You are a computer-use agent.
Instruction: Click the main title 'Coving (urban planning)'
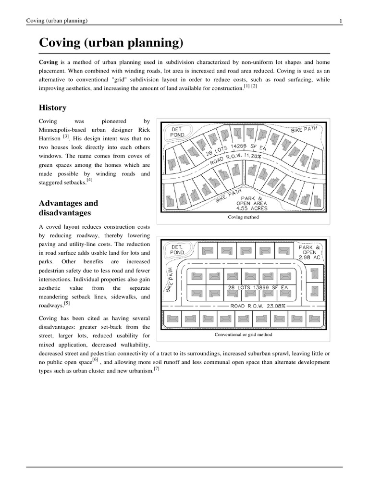[x=111, y=43]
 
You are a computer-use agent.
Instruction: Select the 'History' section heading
[x=52, y=108]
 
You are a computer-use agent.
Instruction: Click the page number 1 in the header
[x=340, y=20]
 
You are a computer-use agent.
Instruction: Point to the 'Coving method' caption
[x=243, y=217]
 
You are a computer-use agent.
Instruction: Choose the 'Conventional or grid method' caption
[x=244, y=334]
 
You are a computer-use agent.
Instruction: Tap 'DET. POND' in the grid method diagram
[x=177, y=249]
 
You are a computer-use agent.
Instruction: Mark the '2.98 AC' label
[x=309, y=258]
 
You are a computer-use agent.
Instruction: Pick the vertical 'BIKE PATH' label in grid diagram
[x=169, y=281]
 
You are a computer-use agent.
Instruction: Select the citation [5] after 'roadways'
[x=67, y=303]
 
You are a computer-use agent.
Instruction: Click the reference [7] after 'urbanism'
[x=157, y=369]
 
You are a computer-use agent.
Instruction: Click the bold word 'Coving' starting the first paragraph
[x=48, y=62]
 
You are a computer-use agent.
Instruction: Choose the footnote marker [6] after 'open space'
[x=96, y=360]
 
